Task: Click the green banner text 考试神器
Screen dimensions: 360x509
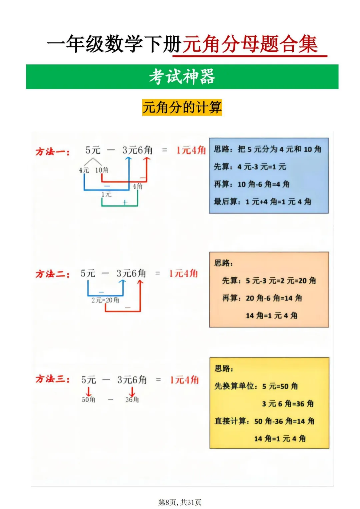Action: click(182, 77)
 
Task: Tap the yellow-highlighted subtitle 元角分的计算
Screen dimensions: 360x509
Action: click(182, 107)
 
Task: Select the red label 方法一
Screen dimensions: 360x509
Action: click(53, 152)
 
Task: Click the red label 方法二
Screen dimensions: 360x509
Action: click(53, 274)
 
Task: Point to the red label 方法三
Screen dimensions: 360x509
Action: click(53, 379)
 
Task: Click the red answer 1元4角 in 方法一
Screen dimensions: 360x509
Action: click(191, 150)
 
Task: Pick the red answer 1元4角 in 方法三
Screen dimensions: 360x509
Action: click(184, 380)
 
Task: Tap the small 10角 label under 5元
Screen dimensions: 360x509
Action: click(102, 170)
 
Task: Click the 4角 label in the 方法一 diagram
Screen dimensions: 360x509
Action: click(137, 186)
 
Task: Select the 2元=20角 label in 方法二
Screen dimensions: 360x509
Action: click(105, 300)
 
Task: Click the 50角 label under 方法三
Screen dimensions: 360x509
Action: click(88, 399)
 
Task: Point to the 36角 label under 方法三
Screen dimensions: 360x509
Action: click(132, 399)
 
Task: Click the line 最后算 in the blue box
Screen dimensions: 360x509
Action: click(262, 202)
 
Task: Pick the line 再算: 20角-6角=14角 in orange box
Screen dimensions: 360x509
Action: click(262, 298)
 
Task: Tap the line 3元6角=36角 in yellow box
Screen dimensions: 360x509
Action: click(288, 404)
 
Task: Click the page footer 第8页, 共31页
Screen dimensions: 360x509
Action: click(180, 502)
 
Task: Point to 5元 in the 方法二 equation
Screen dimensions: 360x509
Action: click(88, 274)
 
